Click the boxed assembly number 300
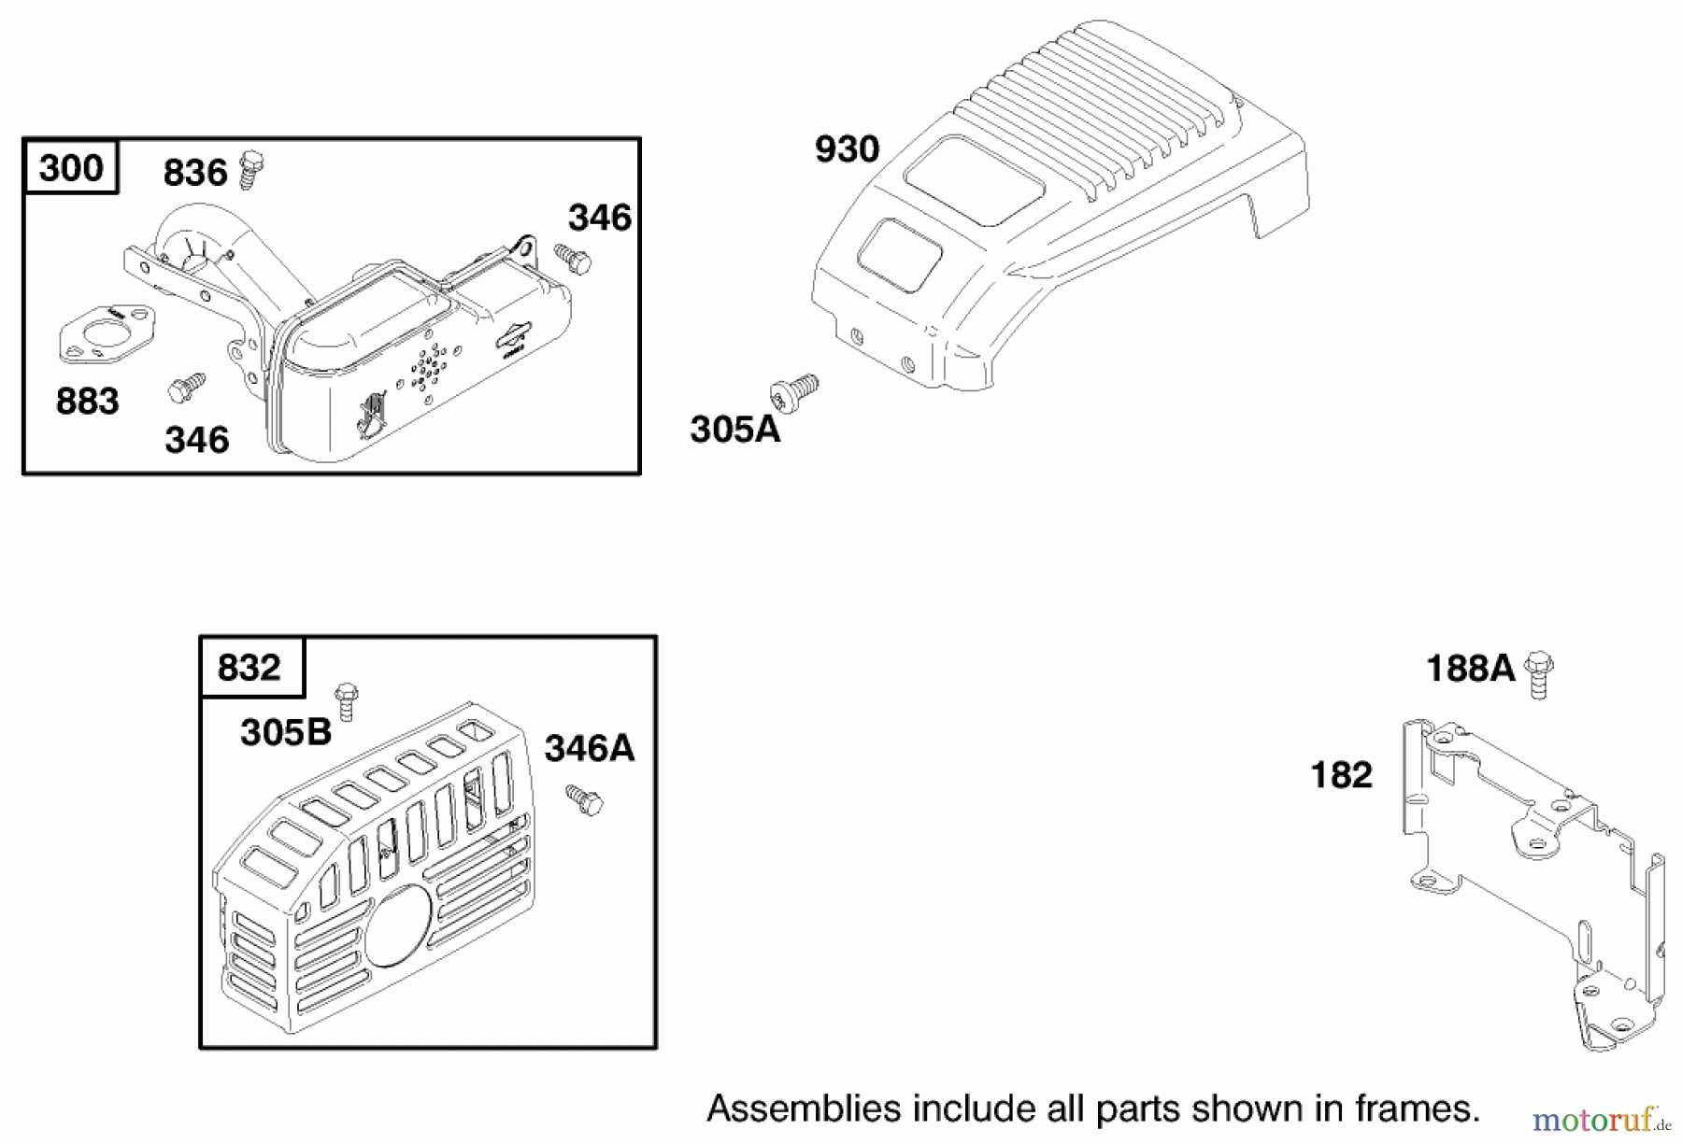71,168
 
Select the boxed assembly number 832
249,668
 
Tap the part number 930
847,149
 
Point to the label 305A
734,430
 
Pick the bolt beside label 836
250,169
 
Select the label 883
87,402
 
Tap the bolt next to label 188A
1538,674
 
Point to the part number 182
1341,775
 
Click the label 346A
589,748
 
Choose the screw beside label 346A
584,800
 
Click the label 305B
285,732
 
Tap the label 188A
1470,669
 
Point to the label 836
195,173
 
